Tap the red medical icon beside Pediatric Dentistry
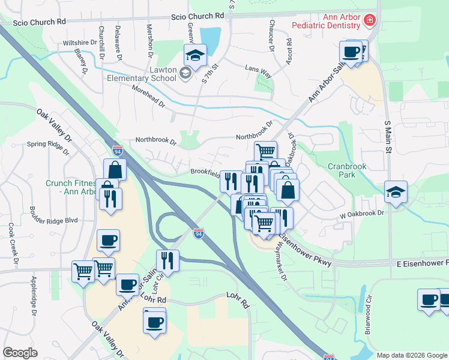(370, 22)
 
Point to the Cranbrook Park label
(346, 170)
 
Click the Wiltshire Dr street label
(79, 43)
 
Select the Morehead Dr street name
(149, 96)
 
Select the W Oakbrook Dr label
(361, 213)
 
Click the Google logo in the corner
(20, 353)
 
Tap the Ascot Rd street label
(289, 51)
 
